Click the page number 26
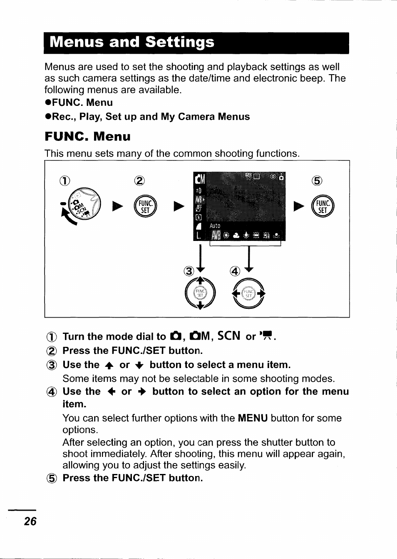(x=30, y=521)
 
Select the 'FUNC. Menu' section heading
(x=88, y=137)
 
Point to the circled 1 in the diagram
(x=65, y=180)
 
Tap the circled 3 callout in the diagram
(x=189, y=271)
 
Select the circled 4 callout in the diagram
(x=235, y=271)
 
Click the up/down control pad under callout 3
(x=200, y=293)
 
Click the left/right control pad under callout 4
(x=248, y=293)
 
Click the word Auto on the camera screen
(x=215, y=226)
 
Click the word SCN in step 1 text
(x=229, y=336)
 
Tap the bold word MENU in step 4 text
(x=253, y=418)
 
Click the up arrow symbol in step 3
(x=109, y=366)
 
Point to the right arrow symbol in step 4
(x=142, y=392)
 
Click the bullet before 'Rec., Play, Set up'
(x=48, y=117)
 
